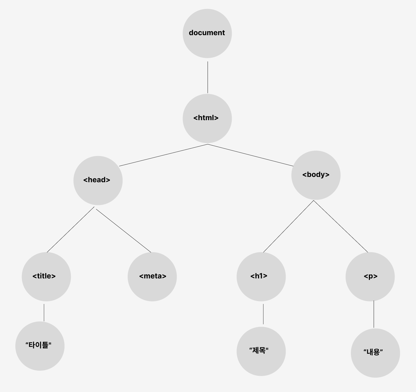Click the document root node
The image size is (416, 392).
click(x=207, y=33)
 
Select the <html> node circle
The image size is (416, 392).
click(x=207, y=118)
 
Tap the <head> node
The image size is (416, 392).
click(x=98, y=180)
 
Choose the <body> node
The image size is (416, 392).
click(x=316, y=175)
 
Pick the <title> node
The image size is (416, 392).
click(x=46, y=276)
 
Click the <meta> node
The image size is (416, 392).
click(x=152, y=276)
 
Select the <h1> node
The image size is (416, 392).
click(x=261, y=276)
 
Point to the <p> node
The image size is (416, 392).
click(x=370, y=276)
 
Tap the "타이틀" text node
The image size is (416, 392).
click(x=40, y=346)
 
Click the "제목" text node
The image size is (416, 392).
click(x=261, y=351)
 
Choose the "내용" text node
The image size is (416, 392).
click(x=375, y=353)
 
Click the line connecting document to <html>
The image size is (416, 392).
click(x=208, y=77)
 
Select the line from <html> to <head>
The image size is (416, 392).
click(x=163, y=155)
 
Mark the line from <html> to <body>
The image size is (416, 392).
click(x=251, y=155)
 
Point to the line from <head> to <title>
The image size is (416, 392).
click(x=71, y=229)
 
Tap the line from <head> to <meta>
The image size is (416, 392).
click(x=124, y=231)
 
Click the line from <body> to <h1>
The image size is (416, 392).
click(x=288, y=226)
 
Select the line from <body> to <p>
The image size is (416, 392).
click(x=341, y=226)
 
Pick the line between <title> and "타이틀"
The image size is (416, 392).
click(x=44, y=312)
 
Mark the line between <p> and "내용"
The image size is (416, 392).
click(x=374, y=314)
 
